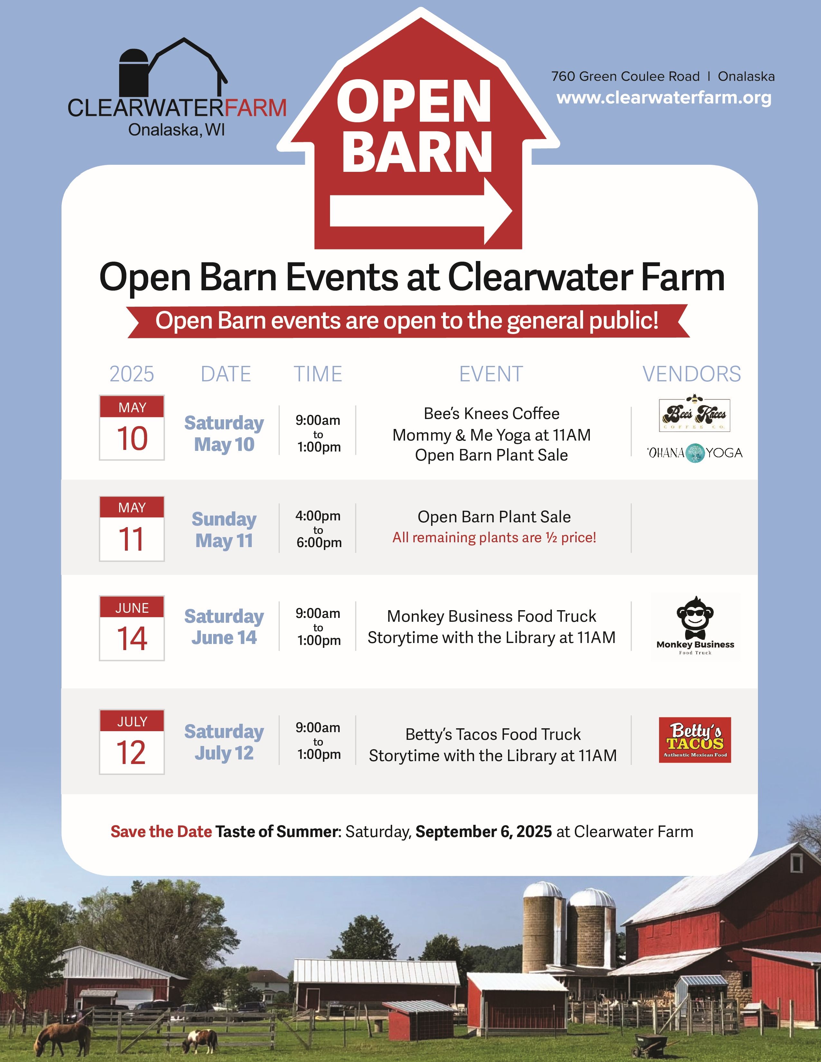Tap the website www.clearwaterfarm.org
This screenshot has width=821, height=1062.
coord(664,98)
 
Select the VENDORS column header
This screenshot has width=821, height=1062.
coord(692,374)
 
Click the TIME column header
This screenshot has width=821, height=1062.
coord(317,374)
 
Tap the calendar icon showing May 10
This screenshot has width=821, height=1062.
coord(132,427)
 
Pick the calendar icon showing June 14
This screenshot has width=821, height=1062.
coord(132,628)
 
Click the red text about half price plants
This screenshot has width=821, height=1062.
coord(494,537)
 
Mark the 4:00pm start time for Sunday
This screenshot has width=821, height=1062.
coord(318,516)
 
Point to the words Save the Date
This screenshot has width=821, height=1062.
coord(161,832)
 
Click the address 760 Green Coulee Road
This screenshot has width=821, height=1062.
coord(626,76)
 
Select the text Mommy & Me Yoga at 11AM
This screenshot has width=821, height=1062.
coord(491,435)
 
